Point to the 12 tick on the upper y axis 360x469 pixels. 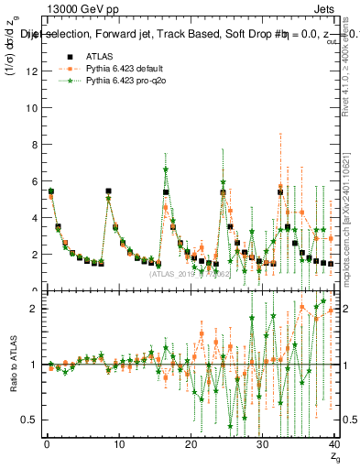click(33, 71)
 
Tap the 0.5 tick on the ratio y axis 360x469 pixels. click(30, 420)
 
